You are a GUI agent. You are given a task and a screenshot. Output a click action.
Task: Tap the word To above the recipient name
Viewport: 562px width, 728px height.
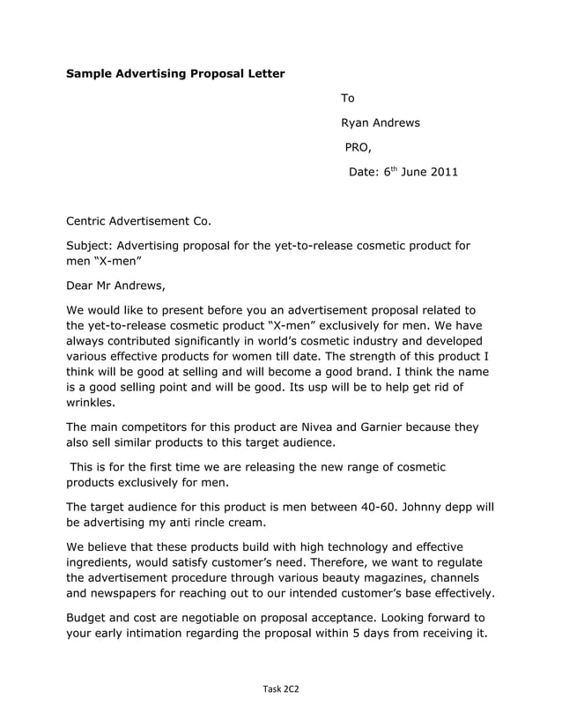[347, 98]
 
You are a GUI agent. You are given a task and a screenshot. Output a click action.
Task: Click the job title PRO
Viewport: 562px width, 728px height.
[358, 147]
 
